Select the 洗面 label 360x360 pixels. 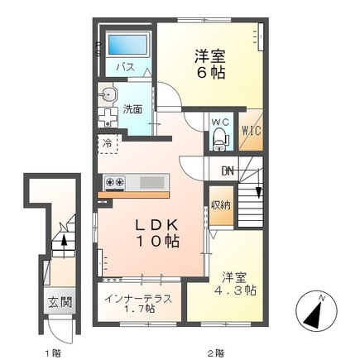132,108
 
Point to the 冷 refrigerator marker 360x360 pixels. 108,144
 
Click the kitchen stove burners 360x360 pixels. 114,181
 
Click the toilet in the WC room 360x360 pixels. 218,141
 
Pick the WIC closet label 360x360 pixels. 252,130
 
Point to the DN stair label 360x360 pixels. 228,172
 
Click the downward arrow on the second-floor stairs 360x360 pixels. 260,191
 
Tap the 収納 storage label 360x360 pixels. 219,205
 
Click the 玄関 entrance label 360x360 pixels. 52,301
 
